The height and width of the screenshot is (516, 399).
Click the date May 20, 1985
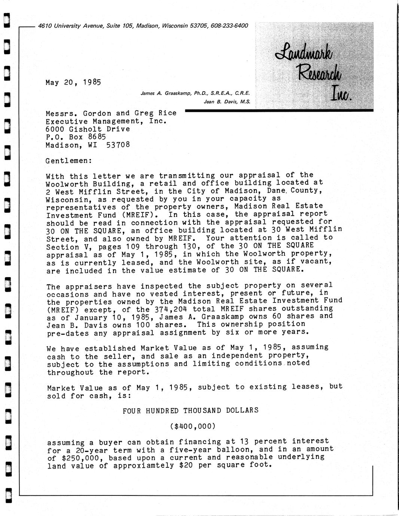click(x=73, y=82)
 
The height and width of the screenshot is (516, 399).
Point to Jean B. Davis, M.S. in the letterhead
click(x=226, y=101)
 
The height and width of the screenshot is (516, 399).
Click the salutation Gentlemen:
click(x=68, y=161)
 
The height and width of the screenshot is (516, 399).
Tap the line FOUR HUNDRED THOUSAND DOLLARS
click(x=191, y=410)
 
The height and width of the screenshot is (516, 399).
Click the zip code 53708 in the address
click(x=118, y=145)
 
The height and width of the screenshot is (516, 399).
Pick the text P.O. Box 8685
click(x=76, y=137)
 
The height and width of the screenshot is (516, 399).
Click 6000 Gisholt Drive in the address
click(x=88, y=129)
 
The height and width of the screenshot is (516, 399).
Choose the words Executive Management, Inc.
click(x=106, y=121)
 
